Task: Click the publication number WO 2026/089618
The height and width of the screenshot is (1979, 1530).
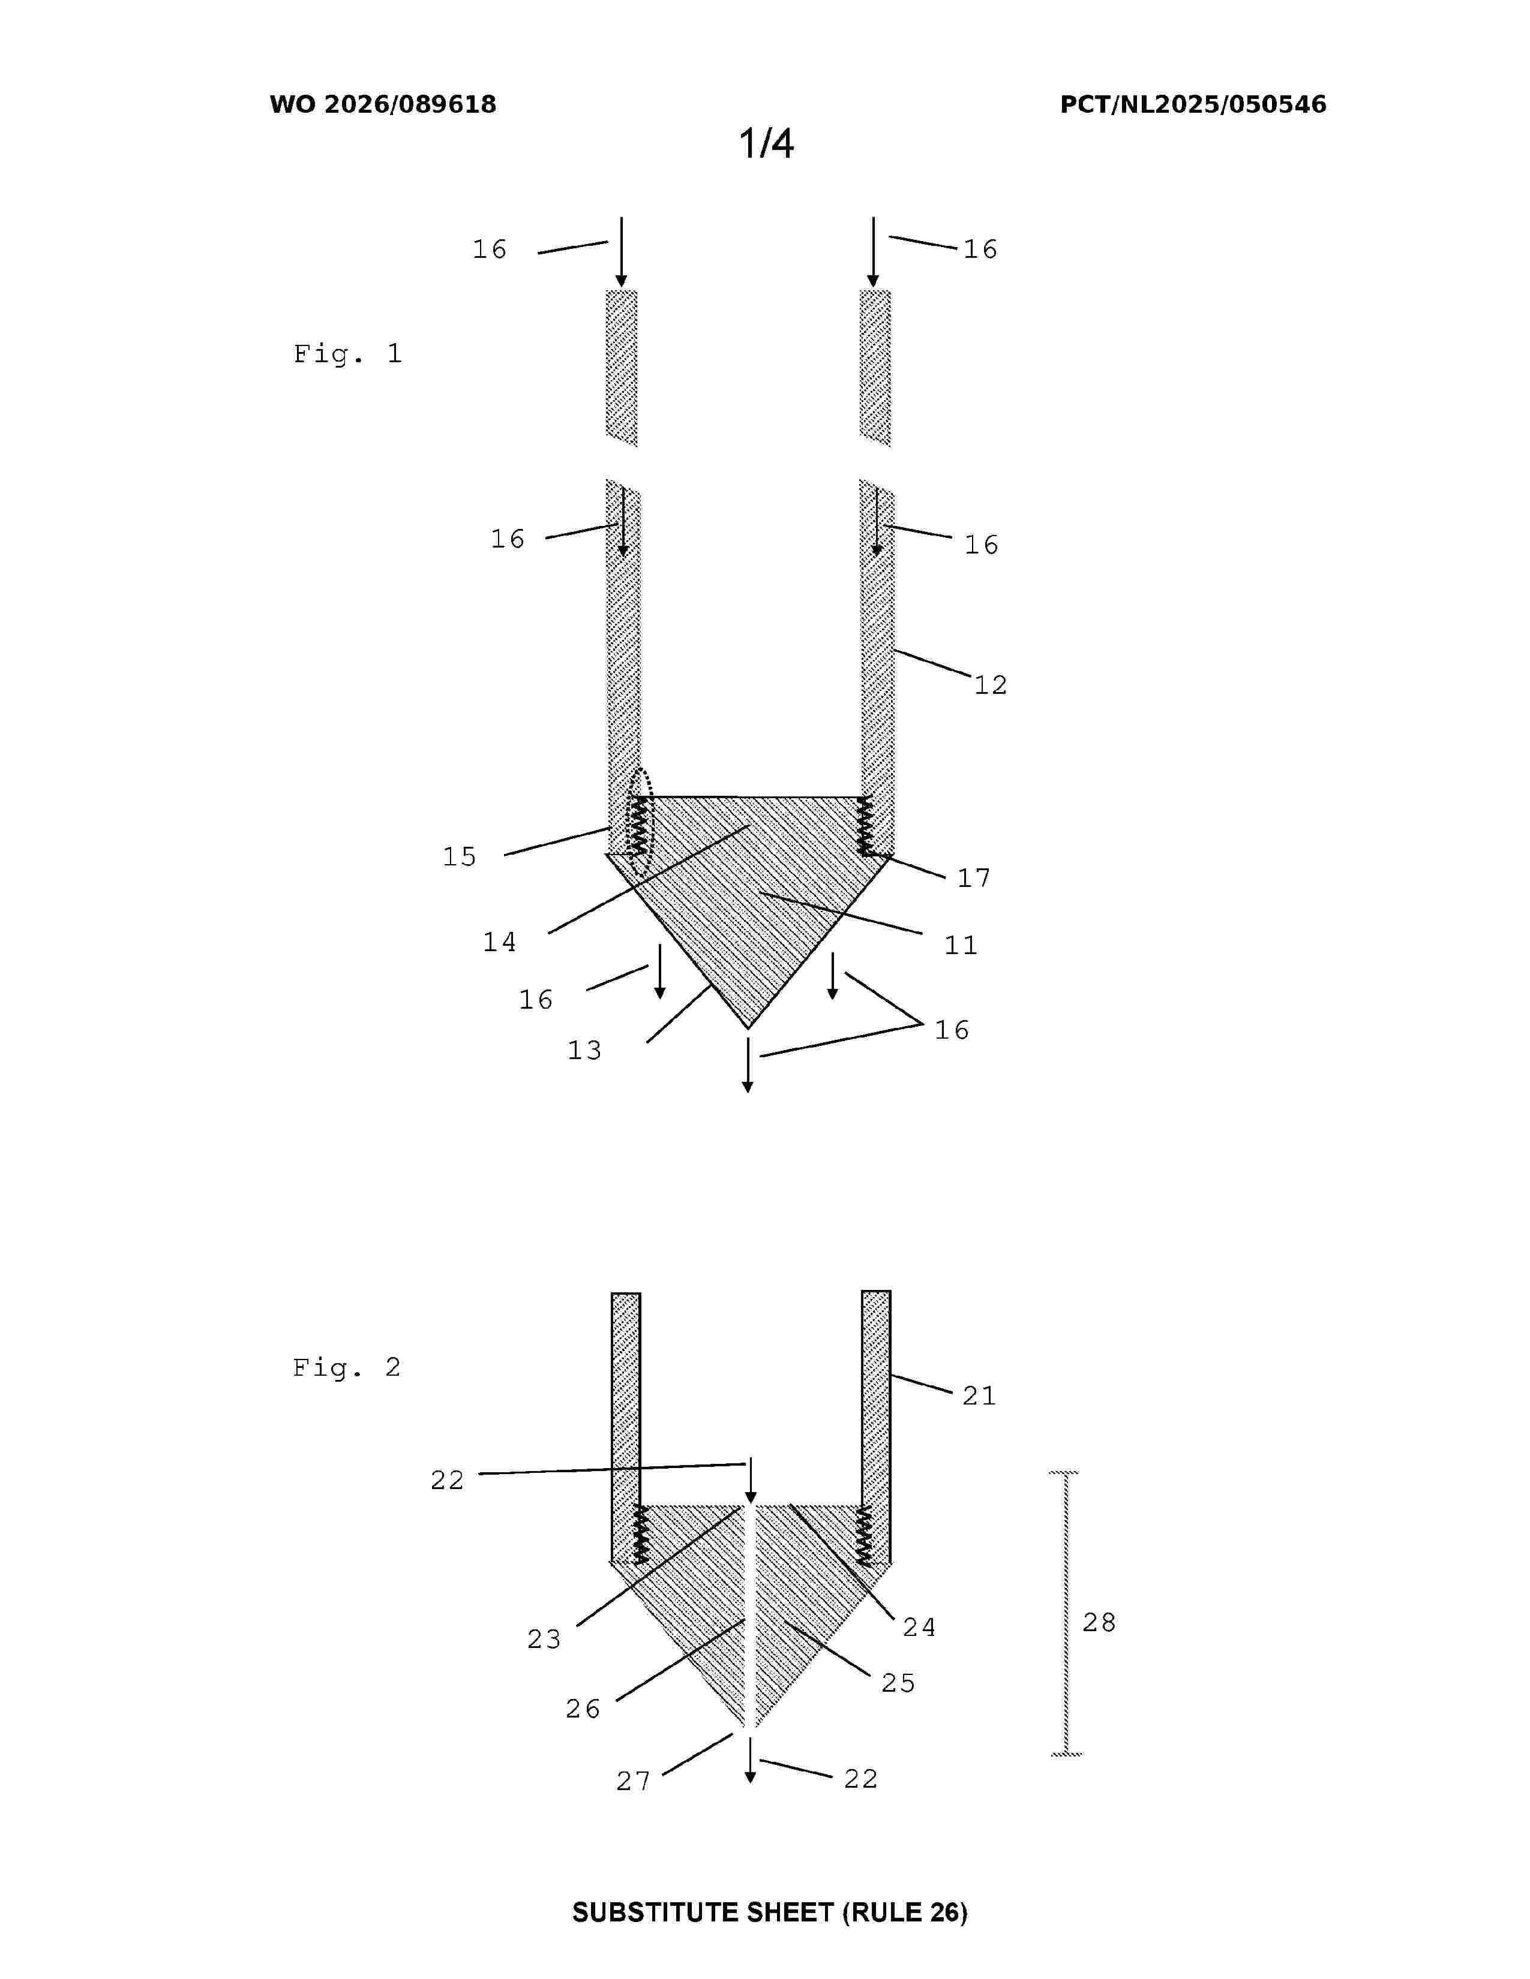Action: coord(383,104)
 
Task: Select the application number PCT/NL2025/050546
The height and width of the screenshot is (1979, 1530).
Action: coord(1193,104)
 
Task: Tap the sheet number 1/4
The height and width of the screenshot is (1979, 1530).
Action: coord(766,143)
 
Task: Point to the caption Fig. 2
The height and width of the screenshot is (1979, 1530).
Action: coord(346,1367)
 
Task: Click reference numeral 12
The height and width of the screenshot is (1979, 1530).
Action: coord(991,685)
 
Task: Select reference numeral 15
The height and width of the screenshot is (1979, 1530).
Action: coord(460,856)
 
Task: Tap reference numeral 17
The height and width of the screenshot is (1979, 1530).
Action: coord(974,877)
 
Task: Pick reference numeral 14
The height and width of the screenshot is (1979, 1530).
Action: coord(499,942)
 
